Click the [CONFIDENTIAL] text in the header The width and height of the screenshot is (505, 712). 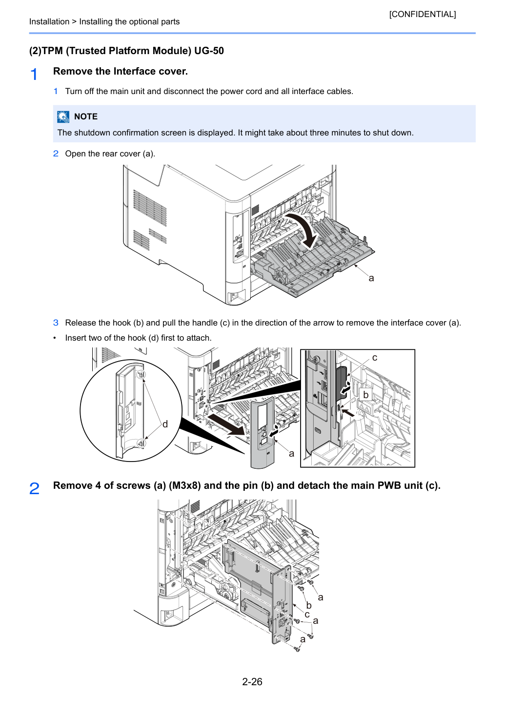pyautogui.click(x=422, y=14)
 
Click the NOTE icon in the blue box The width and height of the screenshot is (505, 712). pyautogui.click(x=63, y=116)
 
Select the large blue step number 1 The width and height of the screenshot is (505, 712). pyautogui.click(x=34, y=75)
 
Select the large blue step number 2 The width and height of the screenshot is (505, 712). pyautogui.click(x=34, y=488)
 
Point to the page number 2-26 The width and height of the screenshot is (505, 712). pyautogui.click(x=252, y=681)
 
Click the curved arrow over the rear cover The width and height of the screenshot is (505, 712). pyautogui.click(x=303, y=230)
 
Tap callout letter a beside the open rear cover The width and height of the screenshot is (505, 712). pyautogui.click(x=371, y=278)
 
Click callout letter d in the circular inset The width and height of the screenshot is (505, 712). pyautogui.click(x=165, y=424)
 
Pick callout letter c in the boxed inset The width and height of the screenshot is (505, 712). pyautogui.click(x=375, y=358)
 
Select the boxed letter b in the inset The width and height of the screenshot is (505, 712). pyautogui.click(x=365, y=394)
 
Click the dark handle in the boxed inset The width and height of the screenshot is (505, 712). pyautogui.click(x=342, y=382)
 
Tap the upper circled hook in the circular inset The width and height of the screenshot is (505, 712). pyautogui.click(x=141, y=374)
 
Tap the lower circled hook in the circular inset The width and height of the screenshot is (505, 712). pyautogui.click(x=141, y=443)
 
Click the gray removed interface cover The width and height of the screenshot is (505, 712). pyautogui.click(x=263, y=432)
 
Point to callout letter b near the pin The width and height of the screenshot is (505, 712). pyautogui.click(x=308, y=605)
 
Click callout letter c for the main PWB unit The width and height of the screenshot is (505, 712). pyautogui.click(x=307, y=615)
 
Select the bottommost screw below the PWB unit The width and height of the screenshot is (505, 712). pyautogui.click(x=297, y=649)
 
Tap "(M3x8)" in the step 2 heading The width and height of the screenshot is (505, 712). pyautogui.click(x=184, y=485)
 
